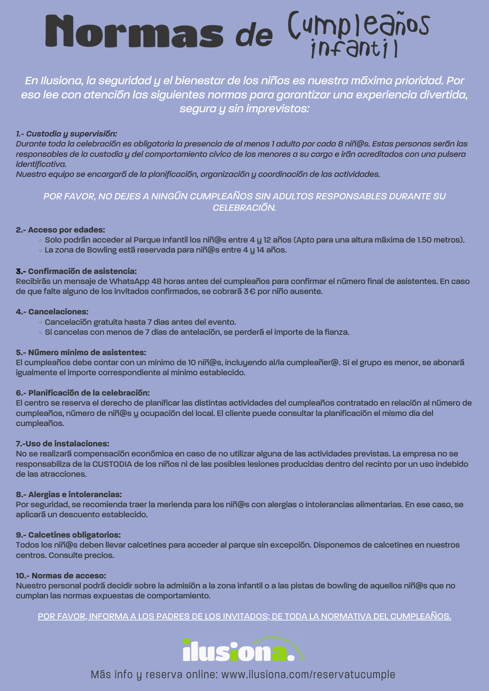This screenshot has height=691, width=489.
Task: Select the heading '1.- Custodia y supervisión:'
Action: [67, 134]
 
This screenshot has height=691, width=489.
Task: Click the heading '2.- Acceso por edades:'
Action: [61, 230]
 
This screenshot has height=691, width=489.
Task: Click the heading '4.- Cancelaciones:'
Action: [52, 312]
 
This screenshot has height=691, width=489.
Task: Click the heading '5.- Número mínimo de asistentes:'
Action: [81, 352]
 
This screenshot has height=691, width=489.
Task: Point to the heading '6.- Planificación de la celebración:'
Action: [83, 393]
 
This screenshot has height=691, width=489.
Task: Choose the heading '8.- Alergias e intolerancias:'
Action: [69, 494]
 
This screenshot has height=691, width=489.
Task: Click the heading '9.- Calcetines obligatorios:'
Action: [68, 535]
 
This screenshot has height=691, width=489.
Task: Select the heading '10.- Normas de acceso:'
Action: [61, 576]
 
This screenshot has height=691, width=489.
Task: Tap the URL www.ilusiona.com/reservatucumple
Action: [308, 674]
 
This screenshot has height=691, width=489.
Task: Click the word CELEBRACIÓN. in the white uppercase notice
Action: [244, 208]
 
